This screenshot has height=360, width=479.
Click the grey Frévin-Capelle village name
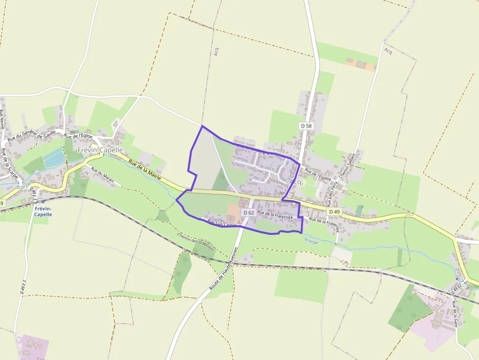(x=100, y=150)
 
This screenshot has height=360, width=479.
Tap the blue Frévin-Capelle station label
(x=43, y=211)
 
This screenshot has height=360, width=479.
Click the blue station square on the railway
(x=43, y=201)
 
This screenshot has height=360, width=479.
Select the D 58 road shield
(x=306, y=126)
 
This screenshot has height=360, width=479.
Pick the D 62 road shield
(x=248, y=212)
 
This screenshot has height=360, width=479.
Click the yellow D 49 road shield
(x=334, y=212)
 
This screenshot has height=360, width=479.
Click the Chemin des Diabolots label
(x=196, y=241)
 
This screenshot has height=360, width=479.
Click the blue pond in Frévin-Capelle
(x=54, y=157)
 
